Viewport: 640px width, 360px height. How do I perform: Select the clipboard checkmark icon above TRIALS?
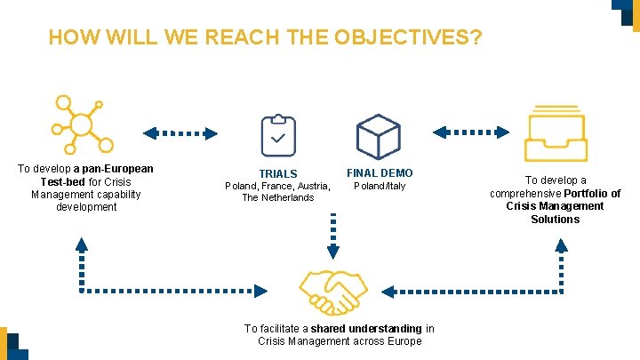278,136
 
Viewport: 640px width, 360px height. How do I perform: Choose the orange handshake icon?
332,290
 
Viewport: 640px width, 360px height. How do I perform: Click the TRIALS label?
278,173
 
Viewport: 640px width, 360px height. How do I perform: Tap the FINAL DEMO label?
380,172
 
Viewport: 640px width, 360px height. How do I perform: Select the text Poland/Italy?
380,186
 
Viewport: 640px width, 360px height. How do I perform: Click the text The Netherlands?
278,197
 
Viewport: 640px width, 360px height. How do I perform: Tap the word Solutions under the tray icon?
555,219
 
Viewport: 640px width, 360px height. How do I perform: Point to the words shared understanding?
366,329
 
